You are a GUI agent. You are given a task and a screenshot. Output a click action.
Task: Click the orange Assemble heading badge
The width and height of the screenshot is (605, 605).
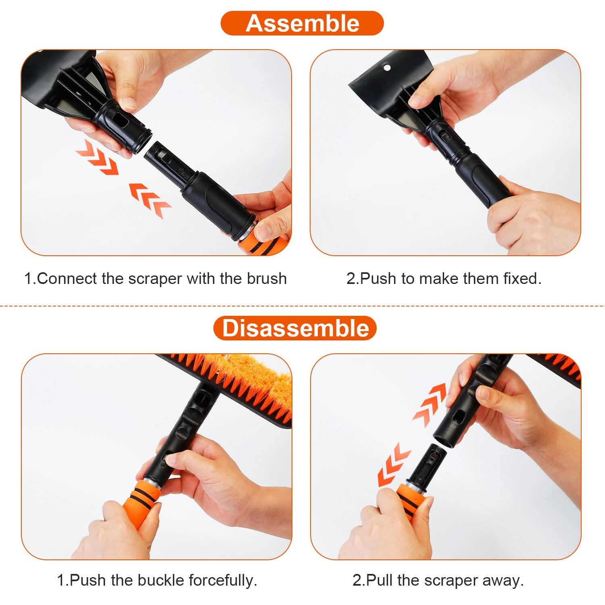point(302,23)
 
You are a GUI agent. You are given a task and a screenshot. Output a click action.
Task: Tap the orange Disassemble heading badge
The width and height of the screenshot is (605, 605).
point(295,328)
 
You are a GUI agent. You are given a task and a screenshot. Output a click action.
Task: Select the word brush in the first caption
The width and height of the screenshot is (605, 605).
point(267,279)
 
